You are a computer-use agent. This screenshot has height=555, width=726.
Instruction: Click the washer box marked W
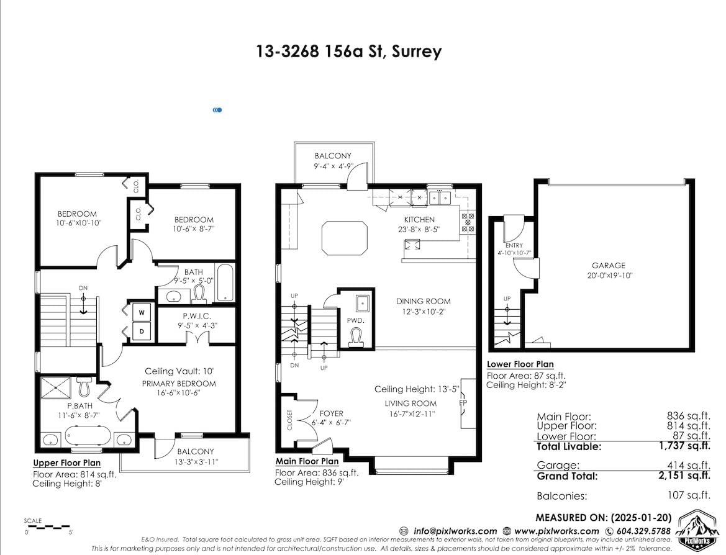click(142, 312)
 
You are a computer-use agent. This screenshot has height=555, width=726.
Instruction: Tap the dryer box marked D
click(142, 331)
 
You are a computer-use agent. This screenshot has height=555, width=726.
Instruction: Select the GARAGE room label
click(609, 266)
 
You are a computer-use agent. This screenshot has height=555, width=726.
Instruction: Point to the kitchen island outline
click(345, 238)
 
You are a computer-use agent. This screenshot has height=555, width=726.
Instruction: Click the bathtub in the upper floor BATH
click(225, 283)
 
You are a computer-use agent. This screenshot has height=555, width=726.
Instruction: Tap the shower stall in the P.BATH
click(55, 388)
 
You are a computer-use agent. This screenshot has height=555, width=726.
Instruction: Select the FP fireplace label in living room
click(463, 403)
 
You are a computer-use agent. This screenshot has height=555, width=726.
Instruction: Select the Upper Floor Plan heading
click(66, 463)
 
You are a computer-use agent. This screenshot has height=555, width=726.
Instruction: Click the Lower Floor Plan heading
click(520, 364)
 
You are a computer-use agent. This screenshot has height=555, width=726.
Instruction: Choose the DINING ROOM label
click(423, 301)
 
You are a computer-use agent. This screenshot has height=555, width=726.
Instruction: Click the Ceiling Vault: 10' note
click(179, 371)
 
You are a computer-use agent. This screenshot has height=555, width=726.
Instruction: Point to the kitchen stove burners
click(468, 222)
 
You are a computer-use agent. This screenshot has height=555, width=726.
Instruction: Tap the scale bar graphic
click(48, 527)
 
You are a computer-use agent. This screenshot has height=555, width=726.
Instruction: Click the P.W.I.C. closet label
click(197, 316)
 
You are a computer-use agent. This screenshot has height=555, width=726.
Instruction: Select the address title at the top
click(349, 51)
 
